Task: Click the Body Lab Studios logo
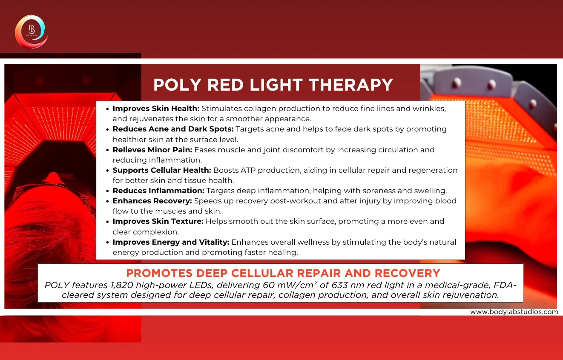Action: click(x=32, y=31)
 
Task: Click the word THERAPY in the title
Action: click(x=351, y=85)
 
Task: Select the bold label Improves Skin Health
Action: click(x=156, y=109)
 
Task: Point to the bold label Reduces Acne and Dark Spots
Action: click(x=173, y=129)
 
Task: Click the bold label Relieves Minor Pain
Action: click(x=152, y=150)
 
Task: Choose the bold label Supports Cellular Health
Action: click(x=162, y=170)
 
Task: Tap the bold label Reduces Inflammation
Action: click(x=158, y=191)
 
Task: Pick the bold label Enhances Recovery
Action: click(x=152, y=201)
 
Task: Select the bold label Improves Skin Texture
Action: click(x=158, y=221)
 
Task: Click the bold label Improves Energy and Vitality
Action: click(x=171, y=242)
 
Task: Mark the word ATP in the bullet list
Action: click(x=248, y=170)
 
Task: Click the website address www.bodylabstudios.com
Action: click(x=514, y=312)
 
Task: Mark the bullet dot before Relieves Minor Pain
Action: click(x=108, y=150)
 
